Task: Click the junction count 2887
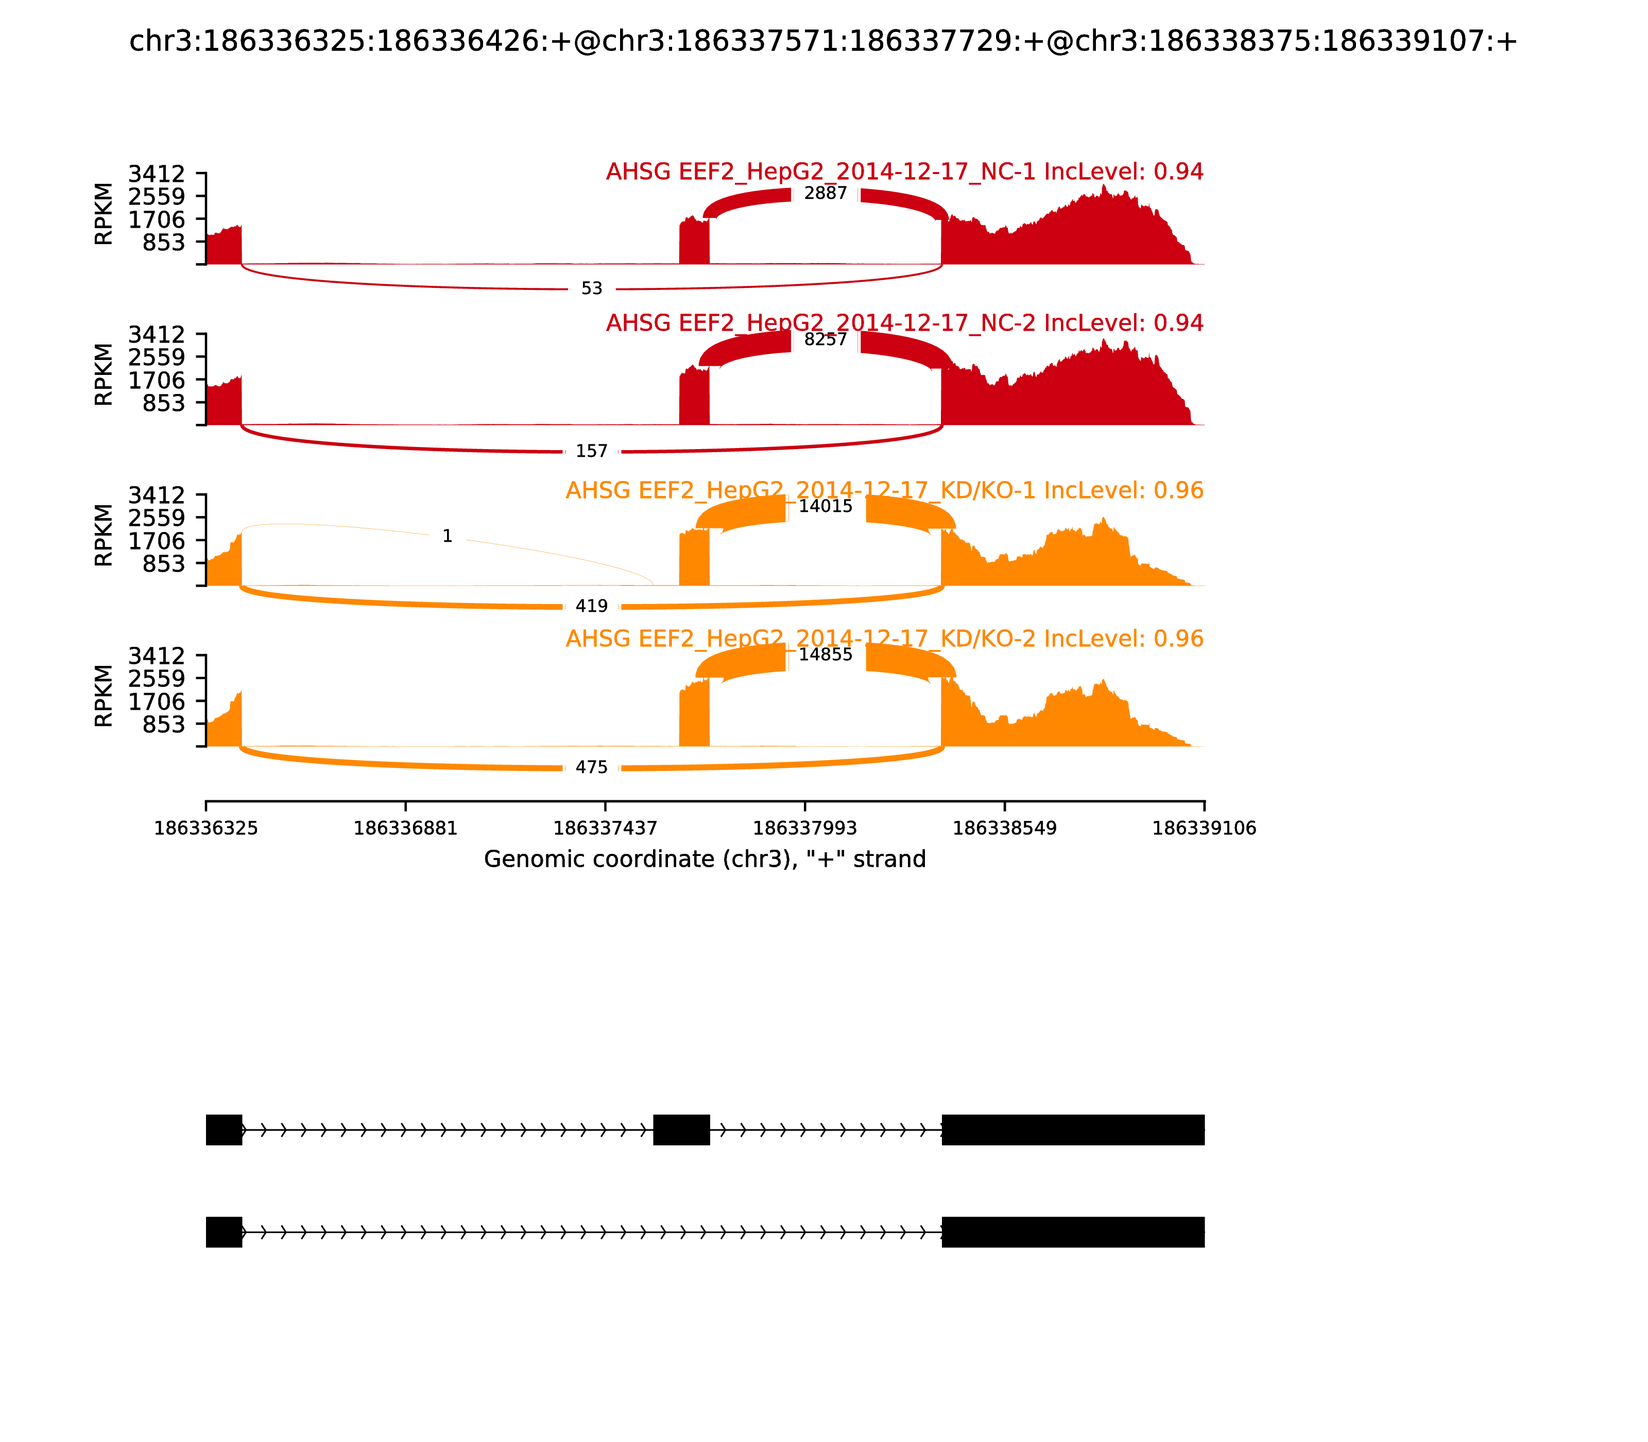click(825, 194)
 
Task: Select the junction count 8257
click(825, 339)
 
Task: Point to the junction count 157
click(591, 452)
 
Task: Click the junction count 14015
click(825, 506)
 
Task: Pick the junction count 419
click(591, 607)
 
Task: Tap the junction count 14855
click(825, 654)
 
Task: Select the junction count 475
click(591, 768)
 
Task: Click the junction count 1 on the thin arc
click(448, 537)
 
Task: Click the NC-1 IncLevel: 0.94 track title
click(904, 172)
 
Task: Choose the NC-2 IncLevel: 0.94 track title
click(904, 323)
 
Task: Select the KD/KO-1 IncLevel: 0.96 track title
click(884, 491)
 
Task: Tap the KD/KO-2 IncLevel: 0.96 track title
click(884, 639)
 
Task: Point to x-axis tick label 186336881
click(406, 829)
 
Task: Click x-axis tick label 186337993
click(804, 829)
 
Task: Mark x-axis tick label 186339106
click(1204, 829)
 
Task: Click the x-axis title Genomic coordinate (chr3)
click(705, 860)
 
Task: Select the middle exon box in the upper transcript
click(681, 1130)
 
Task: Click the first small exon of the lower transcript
click(224, 1232)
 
